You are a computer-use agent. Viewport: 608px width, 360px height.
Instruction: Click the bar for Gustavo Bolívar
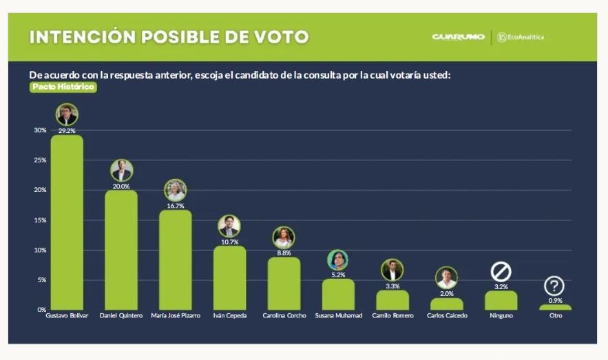[67, 222]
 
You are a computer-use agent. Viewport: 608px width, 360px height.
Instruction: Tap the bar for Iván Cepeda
[229, 277]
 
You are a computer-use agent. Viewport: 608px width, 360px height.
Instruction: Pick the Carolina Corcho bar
[284, 283]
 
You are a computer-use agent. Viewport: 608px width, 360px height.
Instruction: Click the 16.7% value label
[176, 206]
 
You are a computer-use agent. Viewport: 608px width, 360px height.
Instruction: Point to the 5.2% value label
[338, 274]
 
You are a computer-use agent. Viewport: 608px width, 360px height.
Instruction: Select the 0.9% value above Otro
[554, 300]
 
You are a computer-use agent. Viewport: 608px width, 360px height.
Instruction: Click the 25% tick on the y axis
[41, 160]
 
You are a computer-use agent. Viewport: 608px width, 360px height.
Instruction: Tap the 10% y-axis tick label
[41, 250]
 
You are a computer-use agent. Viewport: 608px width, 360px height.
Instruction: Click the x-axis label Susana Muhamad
[338, 316]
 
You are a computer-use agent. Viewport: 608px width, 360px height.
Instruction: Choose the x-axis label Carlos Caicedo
[447, 316]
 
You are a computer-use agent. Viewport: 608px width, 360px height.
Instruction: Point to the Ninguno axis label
[501, 316]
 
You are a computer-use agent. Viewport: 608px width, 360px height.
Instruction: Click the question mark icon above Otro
[554, 286]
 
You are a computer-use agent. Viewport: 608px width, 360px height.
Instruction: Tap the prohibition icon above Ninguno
[501, 272]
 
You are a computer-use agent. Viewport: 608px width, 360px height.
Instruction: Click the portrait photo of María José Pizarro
[176, 190]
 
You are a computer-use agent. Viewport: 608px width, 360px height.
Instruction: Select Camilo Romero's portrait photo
[392, 270]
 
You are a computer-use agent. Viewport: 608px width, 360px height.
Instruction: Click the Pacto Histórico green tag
[63, 87]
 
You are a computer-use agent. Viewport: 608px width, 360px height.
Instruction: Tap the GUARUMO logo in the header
[459, 37]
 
